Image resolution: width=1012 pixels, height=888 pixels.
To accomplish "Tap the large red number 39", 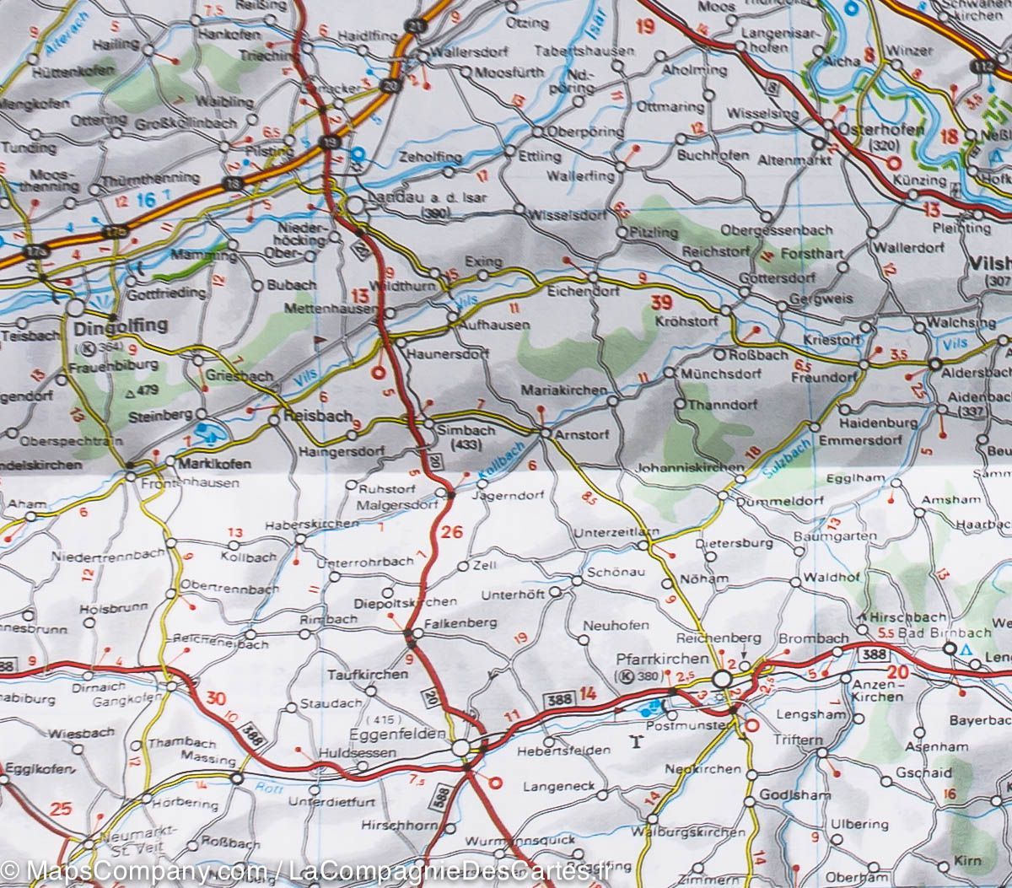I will click(661, 300).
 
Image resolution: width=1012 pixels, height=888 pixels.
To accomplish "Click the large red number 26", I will click(452, 531).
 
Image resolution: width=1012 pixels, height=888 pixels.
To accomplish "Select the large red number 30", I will click(216, 698).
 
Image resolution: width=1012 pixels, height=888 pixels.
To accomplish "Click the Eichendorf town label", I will click(584, 291).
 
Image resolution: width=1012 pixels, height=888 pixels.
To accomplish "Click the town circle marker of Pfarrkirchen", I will click(722, 680).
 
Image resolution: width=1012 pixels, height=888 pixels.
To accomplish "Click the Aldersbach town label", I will click(979, 372).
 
